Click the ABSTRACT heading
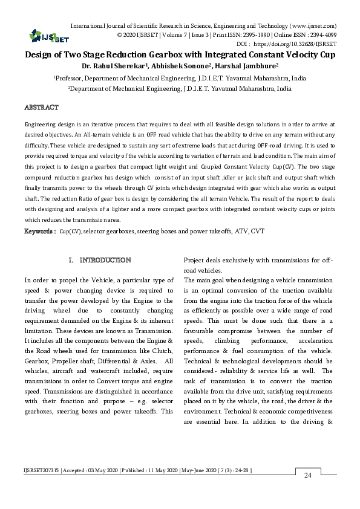(41, 108)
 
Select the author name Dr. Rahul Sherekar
(113, 65)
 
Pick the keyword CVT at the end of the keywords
(258, 232)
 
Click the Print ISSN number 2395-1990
(234, 35)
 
